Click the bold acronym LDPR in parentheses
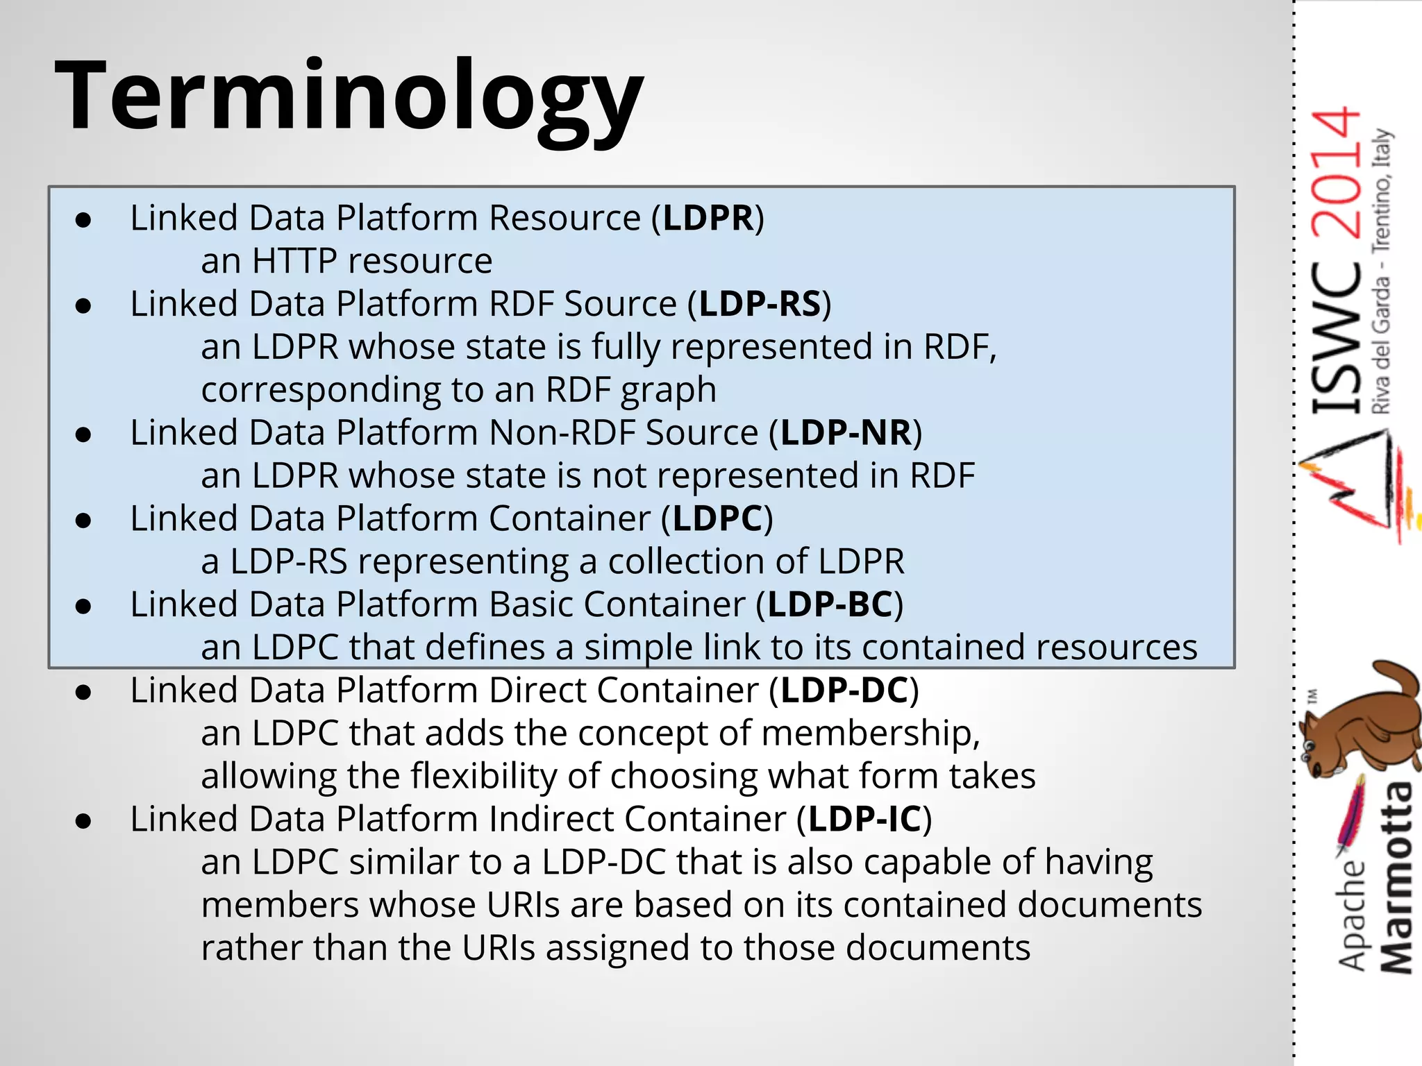click(708, 219)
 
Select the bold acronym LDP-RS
click(760, 305)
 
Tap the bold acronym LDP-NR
click(846, 433)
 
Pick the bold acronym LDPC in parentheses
click(718, 519)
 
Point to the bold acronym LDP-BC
click(830, 605)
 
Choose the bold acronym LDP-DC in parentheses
click(844, 691)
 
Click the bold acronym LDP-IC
click(864, 820)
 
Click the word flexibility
click(483, 777)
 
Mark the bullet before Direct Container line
click(84, 693)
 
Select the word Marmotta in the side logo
click(1396, 878)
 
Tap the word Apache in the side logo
click(1352, 916)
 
